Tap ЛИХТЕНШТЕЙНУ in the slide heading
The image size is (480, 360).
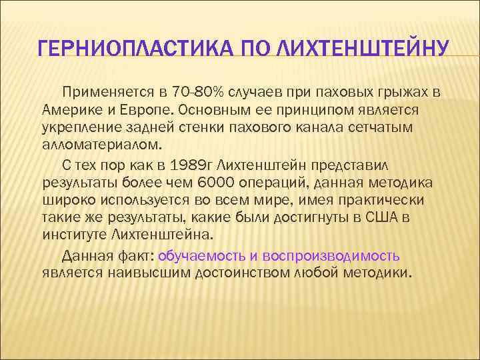coord(363,49)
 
